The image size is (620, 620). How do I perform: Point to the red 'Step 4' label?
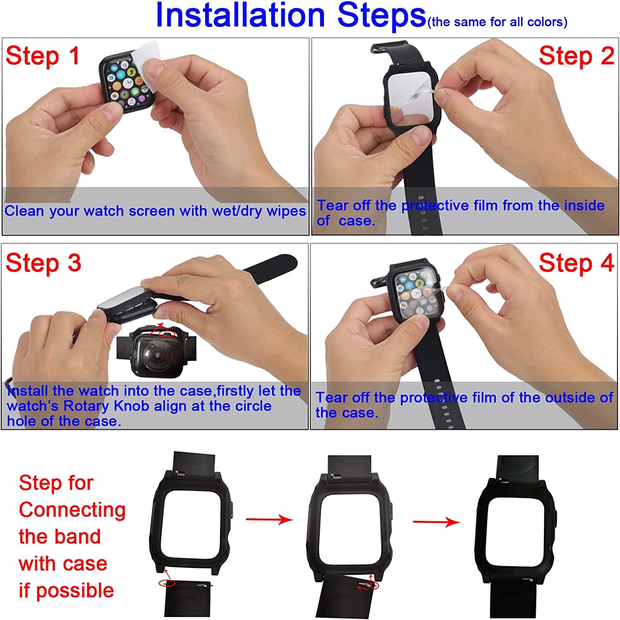[x=576, y=263]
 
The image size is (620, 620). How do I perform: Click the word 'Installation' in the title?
[x=240, y=16]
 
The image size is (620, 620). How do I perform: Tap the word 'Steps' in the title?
[x=381, y=16]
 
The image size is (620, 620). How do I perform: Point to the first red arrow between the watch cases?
[x=269, y=519]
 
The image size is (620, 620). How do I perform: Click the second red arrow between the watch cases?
[x=436, y=522]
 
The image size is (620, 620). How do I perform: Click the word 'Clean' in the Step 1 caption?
[x=25, y=211]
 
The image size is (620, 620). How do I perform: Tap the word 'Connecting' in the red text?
[x=72, y=510]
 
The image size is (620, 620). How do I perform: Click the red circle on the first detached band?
[x=167, y=583]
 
